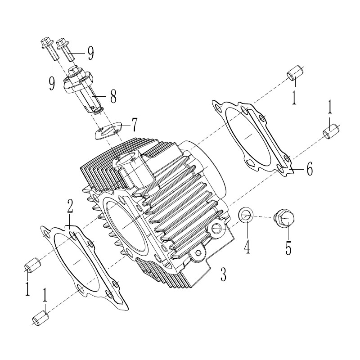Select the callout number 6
tap(310, 169)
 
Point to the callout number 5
tap(288, 248)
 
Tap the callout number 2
tap(70, 206)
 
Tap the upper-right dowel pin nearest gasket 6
tap(294, 73)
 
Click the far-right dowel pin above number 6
tap(331, 131)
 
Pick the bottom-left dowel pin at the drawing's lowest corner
tap(40, 318)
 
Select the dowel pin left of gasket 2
tap(32, 265)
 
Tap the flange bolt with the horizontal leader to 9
tap(66, 49)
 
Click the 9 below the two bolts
tap(52, 83)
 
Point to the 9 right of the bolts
tap(90, 53)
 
